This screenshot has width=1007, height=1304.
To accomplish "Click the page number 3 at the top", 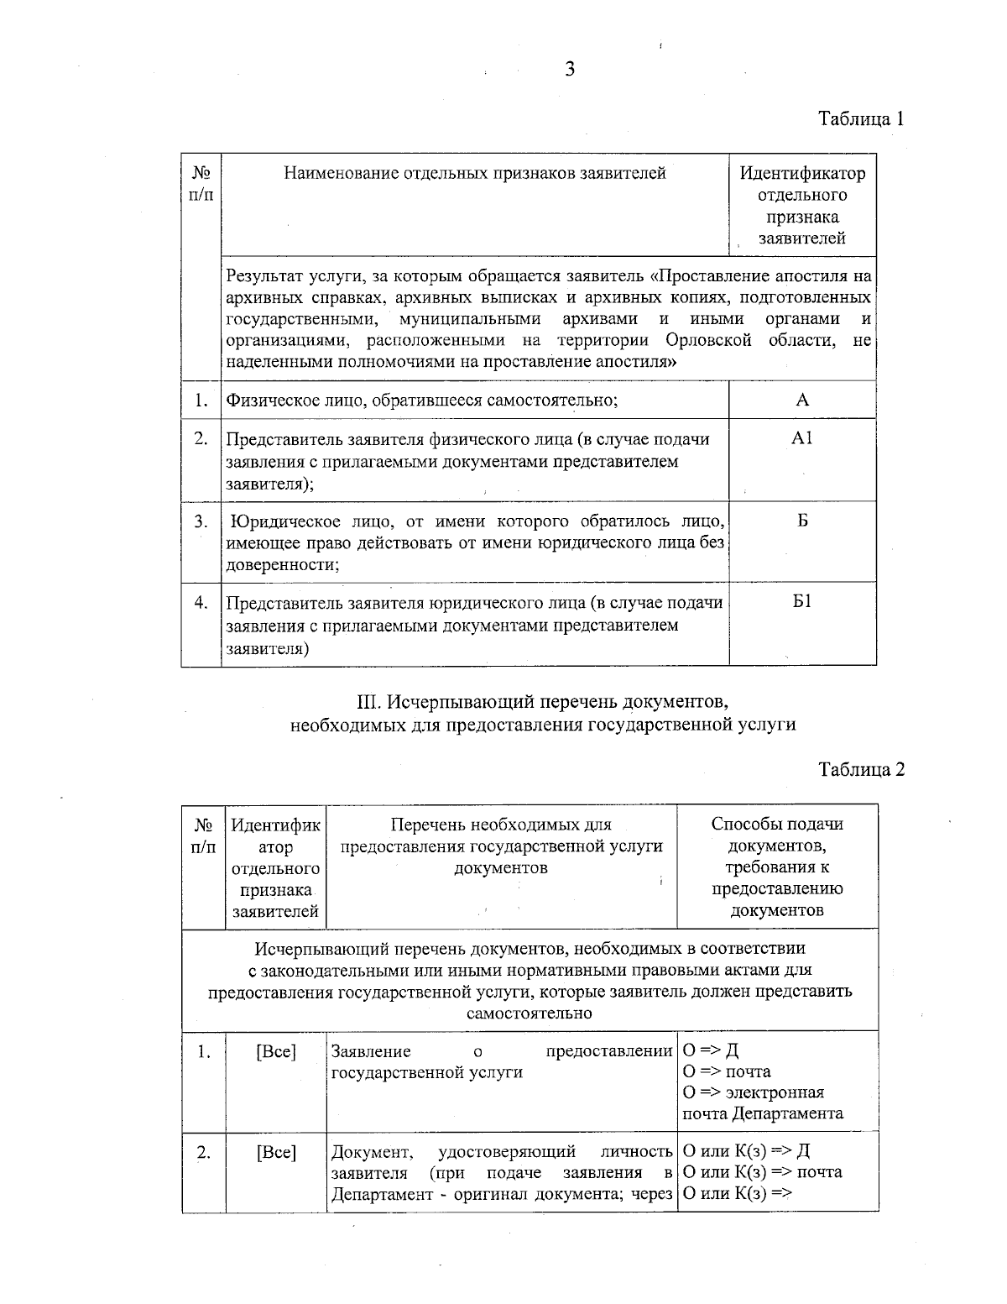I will point(569,70).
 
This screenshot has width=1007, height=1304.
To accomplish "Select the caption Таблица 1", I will point(861,118).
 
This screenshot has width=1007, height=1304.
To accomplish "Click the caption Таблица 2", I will point(861,769).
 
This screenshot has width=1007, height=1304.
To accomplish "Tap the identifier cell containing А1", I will point(802,439).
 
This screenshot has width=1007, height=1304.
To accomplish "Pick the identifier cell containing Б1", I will point(802,602).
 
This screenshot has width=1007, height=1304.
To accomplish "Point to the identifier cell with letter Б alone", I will point(802,521).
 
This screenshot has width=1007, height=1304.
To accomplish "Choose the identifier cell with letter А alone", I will point(802,400).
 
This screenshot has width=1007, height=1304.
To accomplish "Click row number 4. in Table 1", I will point(201,602).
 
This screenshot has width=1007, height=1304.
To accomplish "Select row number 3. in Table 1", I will point(201,521).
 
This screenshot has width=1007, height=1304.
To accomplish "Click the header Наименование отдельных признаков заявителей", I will point(475,174).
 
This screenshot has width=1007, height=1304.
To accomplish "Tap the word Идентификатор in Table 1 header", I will point(802,174).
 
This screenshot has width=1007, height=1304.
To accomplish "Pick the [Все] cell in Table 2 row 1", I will point(275,1051).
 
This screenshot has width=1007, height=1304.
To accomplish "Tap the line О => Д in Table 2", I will point(711,1050).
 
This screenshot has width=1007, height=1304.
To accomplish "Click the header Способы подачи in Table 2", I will point(777,824).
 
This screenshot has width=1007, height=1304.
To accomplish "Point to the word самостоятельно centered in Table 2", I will point(530,1013).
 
